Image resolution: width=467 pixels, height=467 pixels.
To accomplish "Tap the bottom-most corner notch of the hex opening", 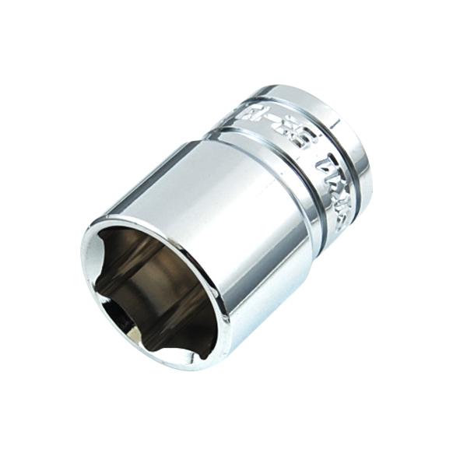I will pos(194,354).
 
